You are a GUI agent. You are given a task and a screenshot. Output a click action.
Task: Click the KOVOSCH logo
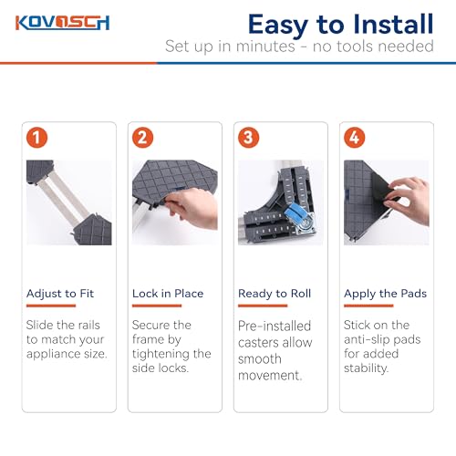click(x=63, y=23)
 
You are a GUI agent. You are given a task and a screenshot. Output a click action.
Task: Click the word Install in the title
click(x=394, y=25)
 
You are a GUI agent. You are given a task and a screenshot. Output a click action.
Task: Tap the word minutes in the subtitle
click(x=265, y=47)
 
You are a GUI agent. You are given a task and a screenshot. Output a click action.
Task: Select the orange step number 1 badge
click(x=36, y=138)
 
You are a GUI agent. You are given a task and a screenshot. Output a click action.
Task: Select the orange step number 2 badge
click(x=142, y=138)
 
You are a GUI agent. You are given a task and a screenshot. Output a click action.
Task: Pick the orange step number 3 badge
click(x=248, y=138)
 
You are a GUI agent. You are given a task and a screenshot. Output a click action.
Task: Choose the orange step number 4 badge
click(x=354, y=138)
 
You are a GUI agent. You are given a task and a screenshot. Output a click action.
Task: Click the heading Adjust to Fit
click(x=60, y=294)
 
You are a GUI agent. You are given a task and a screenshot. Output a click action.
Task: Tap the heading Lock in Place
click(x=168, y=294)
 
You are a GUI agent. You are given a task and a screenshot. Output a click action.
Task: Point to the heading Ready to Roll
click(x=275, y=294)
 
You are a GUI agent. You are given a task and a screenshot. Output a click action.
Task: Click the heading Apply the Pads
click(x=385, y=294)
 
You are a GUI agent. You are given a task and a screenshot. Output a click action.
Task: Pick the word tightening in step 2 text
click(x=159, y=354)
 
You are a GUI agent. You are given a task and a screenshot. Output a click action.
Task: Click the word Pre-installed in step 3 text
click(x=275, y=326)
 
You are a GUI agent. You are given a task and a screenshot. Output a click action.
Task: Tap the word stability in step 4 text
click(x=367, y=368)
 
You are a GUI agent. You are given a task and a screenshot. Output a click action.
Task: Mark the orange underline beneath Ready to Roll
click(x=263, y=306)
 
